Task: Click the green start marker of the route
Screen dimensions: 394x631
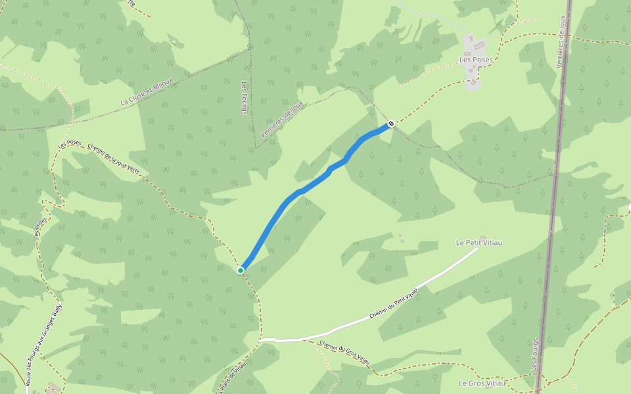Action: pyautogui.click(x=241, y=270)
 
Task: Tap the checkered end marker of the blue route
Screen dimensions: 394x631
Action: pyautogui.click(x=391, y=123)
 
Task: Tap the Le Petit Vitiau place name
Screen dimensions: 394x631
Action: pyautogui.click(x=479, y=243)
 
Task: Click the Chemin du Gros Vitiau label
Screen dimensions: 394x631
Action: pyautogui.click(x=345, y=354)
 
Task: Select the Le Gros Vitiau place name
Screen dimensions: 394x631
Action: pyautogui.click(x=482, y=383)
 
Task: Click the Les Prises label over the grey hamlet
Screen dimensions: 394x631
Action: pyautogui.click(x=476, y=60)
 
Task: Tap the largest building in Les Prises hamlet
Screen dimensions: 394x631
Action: pyautogui.click(x=478, y=46)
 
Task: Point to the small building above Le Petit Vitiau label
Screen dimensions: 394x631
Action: pyautogui.click(x=482, y=236)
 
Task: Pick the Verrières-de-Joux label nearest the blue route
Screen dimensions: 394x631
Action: pyautogui.click(x=282, y=119)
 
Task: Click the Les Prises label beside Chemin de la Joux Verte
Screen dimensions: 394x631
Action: pyautogui.click(x=69, y=144)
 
